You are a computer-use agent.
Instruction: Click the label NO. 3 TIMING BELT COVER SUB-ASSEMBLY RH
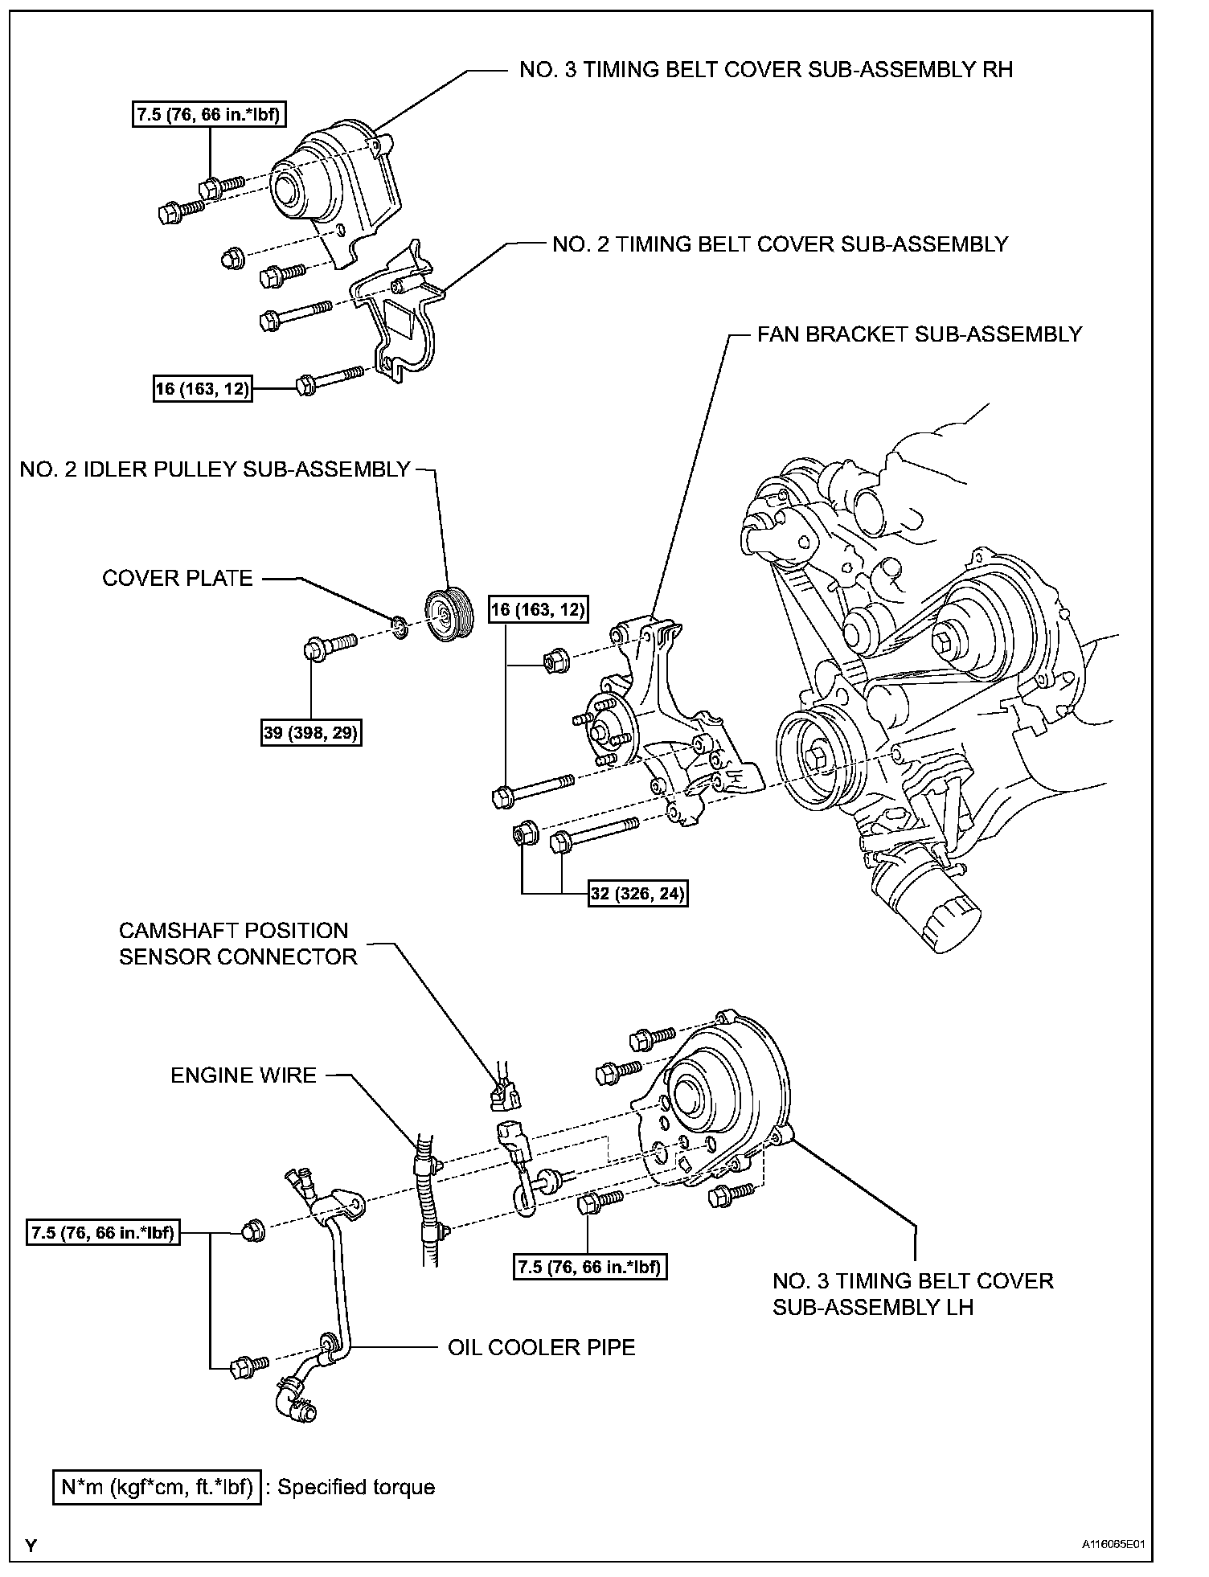click(x=765, y=70)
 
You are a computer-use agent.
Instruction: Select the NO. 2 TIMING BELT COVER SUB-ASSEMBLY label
click(x=780, y=244)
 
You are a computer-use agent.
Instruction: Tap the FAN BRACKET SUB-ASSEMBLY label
click(x=920, y=334)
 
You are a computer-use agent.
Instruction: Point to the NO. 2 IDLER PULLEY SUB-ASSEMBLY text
click(x=215, y=469)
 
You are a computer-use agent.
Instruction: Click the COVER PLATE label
click(x=178, y=579)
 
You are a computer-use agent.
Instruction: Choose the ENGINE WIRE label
click(x=244, y=1075)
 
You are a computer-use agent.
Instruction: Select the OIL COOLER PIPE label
click(x=541, y=1347)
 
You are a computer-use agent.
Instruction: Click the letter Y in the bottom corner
click(x=31, y=1545)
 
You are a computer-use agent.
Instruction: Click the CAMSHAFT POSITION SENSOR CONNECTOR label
click(x=238, y=944)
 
